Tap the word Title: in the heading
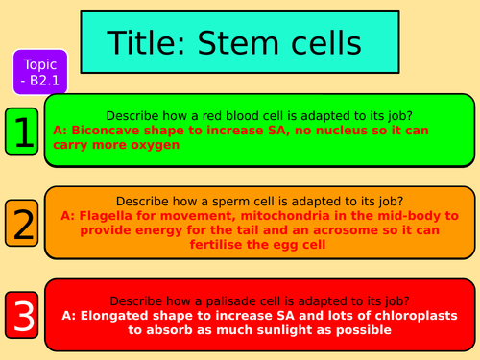(154, 43)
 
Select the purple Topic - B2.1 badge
(40, 73)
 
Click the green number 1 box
(23, 132)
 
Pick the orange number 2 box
(23, 223)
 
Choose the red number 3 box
(23, 316)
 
